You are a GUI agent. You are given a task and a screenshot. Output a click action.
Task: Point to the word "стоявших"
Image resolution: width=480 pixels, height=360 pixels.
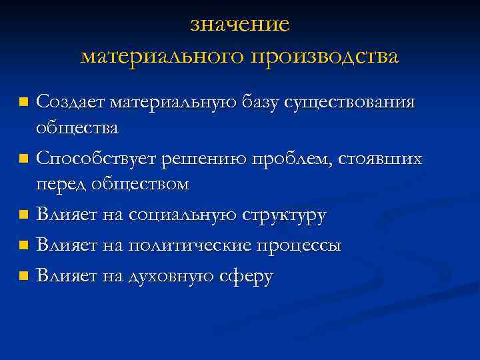point(381,159)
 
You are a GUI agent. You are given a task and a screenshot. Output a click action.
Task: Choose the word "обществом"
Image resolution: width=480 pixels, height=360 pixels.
point(138,184)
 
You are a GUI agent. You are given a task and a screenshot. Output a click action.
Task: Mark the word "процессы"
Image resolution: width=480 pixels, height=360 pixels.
point(300,246)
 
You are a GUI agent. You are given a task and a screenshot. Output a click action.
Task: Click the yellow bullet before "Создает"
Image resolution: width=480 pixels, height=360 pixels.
point(24,103)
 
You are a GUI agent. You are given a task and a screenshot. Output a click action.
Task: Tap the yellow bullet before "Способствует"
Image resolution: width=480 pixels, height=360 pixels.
point(24,160)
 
